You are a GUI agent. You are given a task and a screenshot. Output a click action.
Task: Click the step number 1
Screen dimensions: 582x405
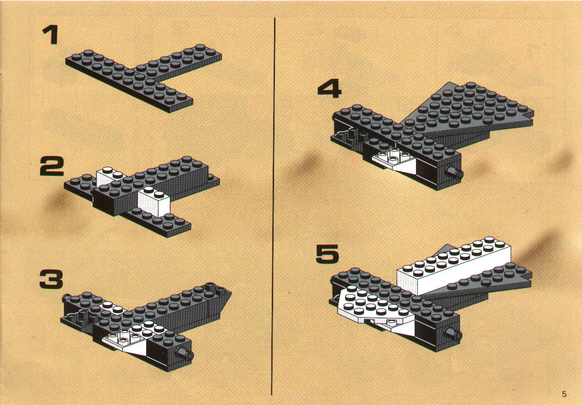point(51,34)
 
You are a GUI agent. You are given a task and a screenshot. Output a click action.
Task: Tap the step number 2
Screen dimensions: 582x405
point(51,166)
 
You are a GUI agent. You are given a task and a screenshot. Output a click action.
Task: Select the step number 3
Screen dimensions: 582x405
point(51,279)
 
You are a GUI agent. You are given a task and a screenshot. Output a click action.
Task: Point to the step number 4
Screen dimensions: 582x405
point(329,89)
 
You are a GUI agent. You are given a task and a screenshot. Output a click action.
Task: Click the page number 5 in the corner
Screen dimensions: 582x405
point(564,394)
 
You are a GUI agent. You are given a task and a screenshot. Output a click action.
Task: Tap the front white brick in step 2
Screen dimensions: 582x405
point(154,201)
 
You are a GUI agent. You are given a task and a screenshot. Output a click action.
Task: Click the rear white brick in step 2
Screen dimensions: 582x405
point(109,176)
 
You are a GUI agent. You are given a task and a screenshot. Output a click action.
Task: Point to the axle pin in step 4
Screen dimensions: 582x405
point(454,172)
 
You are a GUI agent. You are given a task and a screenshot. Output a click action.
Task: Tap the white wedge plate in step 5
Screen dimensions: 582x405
point(374,309)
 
